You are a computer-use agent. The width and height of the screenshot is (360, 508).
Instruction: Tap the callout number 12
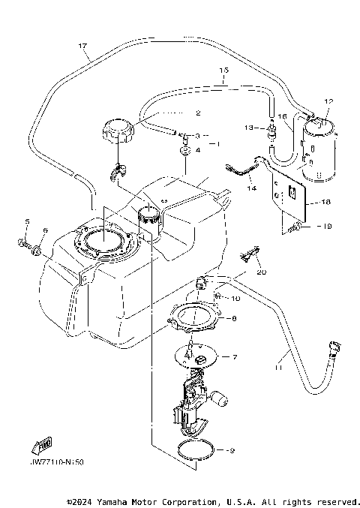tap(327, 101)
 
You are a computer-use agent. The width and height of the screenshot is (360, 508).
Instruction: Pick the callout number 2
tap(198, 113)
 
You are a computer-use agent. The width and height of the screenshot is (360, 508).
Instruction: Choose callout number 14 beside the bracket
tap(250, 188)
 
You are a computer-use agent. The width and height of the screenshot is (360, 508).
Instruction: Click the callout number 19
tap(324, 226)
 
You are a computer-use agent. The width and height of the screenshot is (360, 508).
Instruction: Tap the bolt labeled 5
tap(22, 242)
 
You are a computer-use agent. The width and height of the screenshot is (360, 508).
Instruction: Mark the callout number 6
tap(45, 230)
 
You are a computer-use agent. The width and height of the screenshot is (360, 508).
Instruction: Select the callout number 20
tap(261, 272)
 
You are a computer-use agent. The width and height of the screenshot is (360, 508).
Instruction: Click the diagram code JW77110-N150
tap(58, 462)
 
